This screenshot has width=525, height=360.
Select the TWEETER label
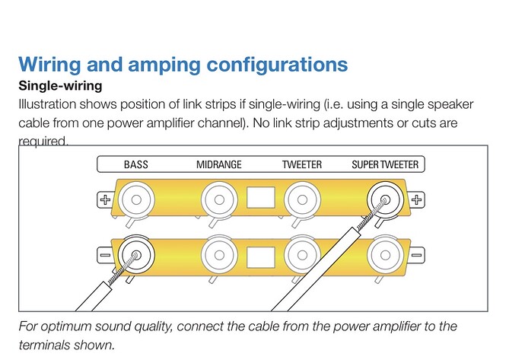pos(301,164)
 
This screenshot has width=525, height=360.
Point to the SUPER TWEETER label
pos(384,164)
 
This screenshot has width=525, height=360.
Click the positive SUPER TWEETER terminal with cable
pos(385,200)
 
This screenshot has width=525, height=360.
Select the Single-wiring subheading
pos(59,86)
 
